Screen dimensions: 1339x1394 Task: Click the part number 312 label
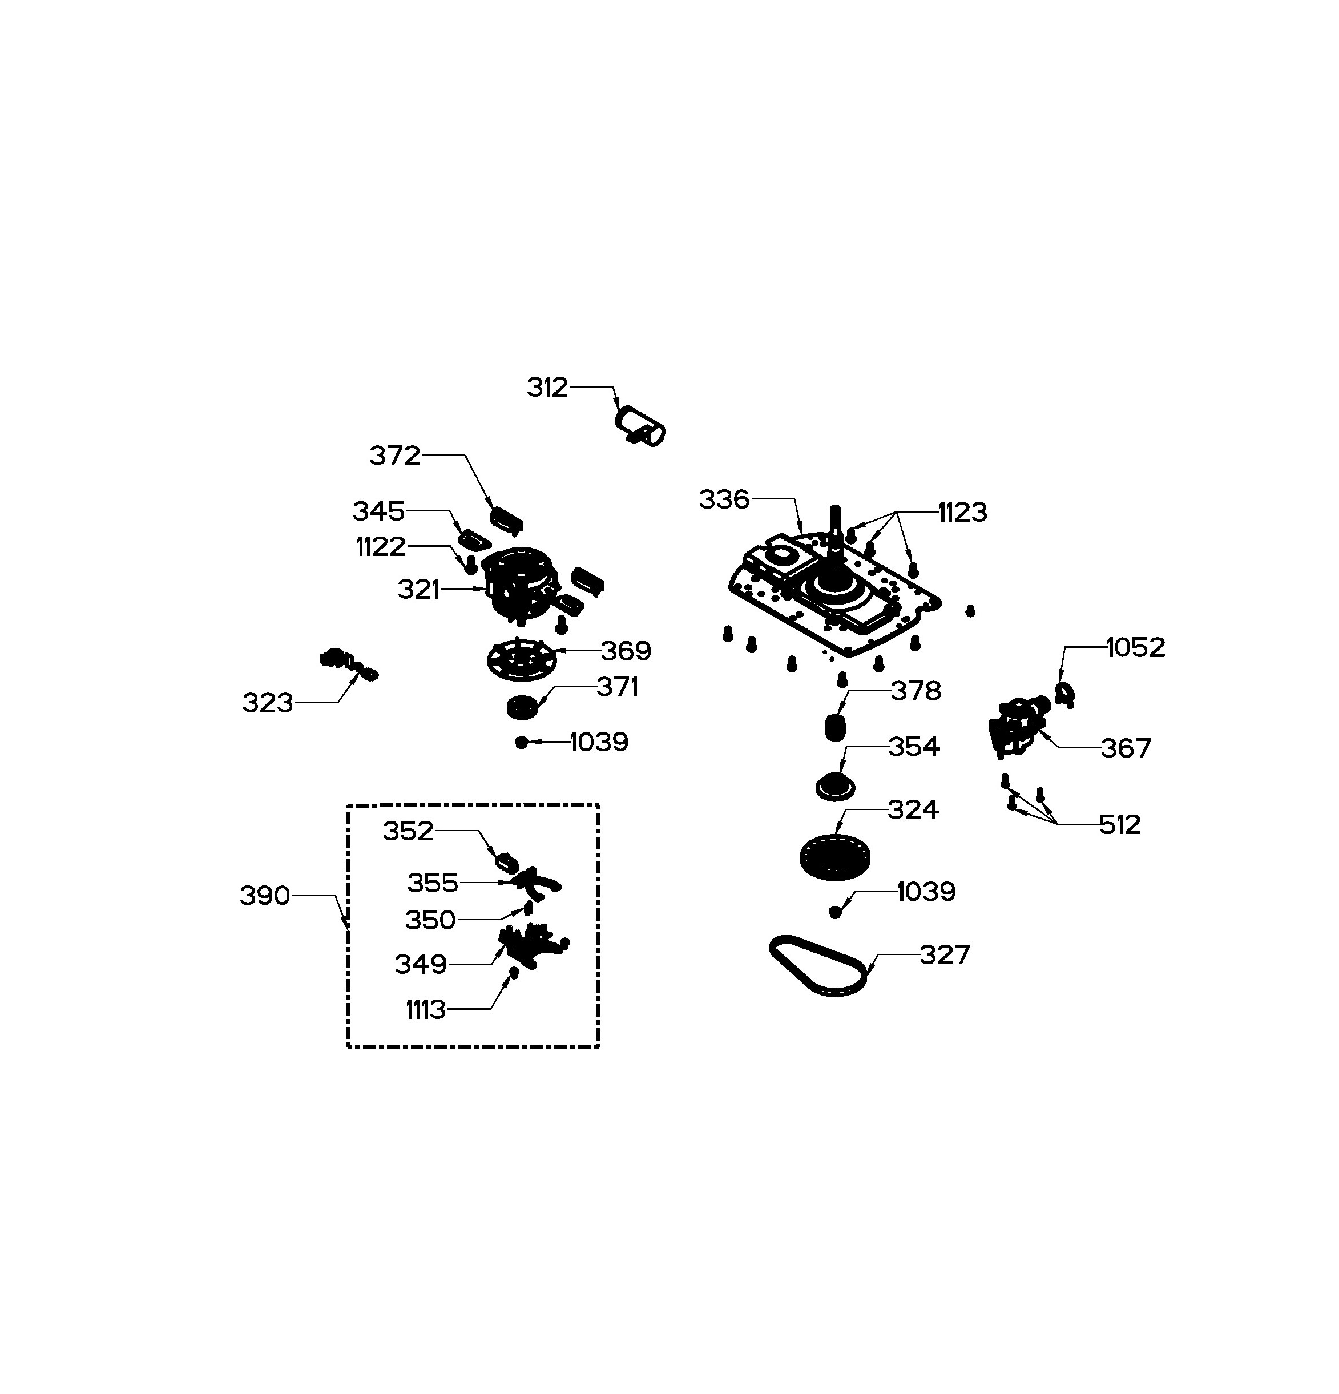tap(547, 388)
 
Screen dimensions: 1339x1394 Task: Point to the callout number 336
tap(724, 499)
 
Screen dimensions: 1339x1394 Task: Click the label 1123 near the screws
tap(963, 512)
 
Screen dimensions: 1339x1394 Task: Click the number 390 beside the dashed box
tap(264, 896)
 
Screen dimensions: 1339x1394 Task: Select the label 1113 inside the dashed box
tap(425, 1009)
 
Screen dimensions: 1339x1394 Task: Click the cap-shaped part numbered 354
tap(834, 787)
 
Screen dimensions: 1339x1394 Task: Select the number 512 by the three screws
tap(1120, 824)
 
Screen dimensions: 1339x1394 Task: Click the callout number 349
tap(421, 964)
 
